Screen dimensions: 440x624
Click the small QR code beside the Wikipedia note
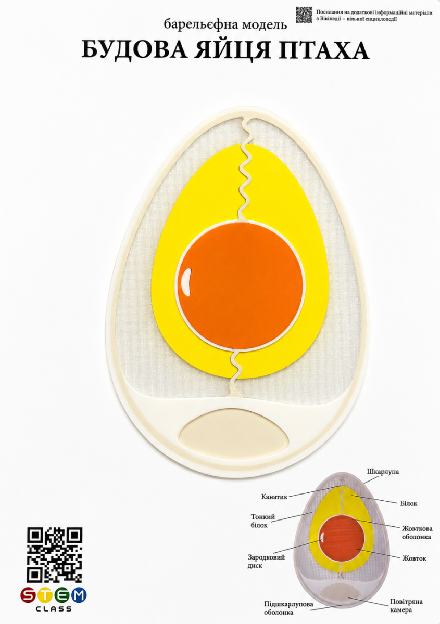coord(304,15)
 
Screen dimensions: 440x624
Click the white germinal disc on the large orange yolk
coord(185,282)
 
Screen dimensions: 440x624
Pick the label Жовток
coord(414,558)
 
